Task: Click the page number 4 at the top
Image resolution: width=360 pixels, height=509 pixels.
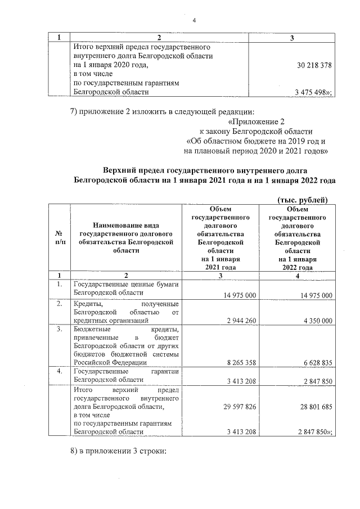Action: click(194, 21)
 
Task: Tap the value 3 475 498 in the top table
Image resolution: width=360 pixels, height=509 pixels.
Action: click(312, 92)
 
